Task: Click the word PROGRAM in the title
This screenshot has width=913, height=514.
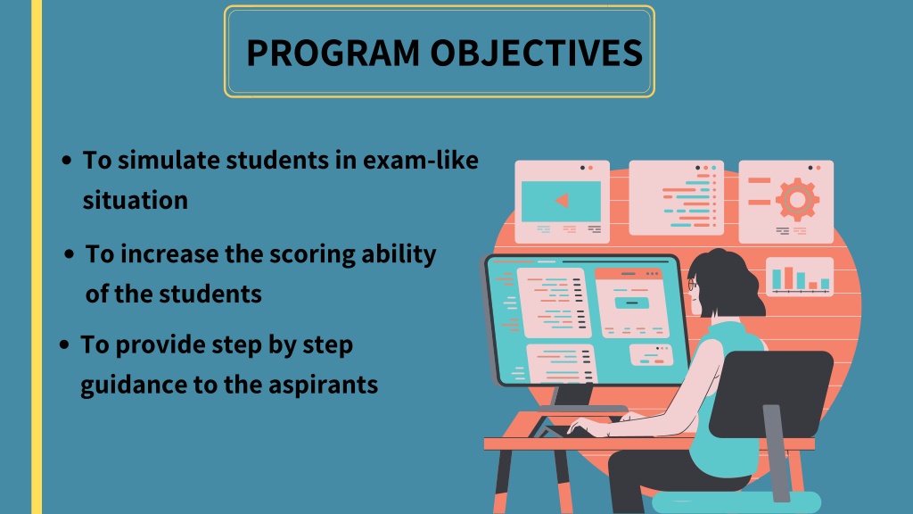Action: point(333,53)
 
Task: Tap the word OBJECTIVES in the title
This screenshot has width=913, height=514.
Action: point(536,53)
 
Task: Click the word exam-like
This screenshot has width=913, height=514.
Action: point(421,160)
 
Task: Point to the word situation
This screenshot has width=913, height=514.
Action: point(136,201)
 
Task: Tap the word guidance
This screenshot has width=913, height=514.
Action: point(134,385)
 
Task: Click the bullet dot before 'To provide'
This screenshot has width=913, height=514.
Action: point(64,344)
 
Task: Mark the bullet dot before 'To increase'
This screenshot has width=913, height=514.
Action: point(70,254)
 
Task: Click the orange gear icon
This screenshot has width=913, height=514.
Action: point(798,200)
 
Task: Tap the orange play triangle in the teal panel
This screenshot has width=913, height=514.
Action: point(563,201)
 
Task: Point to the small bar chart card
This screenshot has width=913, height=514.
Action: point(800,277)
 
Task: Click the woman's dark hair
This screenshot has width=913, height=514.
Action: point(725,284)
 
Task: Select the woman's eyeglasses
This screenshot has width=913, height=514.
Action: point(692,285)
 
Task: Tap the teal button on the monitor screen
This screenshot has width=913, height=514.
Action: point(632,303)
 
